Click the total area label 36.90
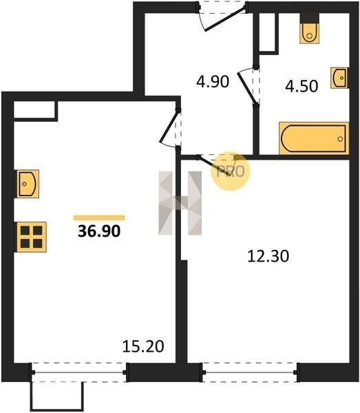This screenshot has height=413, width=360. (x=99, y=231)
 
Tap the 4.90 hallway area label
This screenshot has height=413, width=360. (x=213, y=81)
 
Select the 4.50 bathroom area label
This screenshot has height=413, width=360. (x=301, y=86)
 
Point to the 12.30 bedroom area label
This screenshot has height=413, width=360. (x=268, y=256)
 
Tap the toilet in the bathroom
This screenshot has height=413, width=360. (x=310, y=34)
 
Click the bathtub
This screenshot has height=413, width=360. (x=314, y=138)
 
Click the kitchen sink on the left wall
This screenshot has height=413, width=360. (x=27, y=184)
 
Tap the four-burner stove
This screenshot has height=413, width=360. (x=31, y=237)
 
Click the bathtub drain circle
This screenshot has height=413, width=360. (x=340, y=139)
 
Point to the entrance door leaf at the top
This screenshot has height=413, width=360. (x=225, y=19)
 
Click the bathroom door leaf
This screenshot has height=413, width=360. (x=246, y=87)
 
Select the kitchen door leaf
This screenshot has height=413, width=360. (x=169, y=127)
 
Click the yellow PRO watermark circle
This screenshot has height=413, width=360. (x=230, y=171)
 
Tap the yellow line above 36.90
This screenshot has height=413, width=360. (x=99, y=218)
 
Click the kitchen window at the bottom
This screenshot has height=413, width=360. (x=79, y=372)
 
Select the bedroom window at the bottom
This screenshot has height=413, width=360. (x=250, y=372)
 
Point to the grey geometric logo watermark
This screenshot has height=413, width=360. (x=180, y=203)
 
